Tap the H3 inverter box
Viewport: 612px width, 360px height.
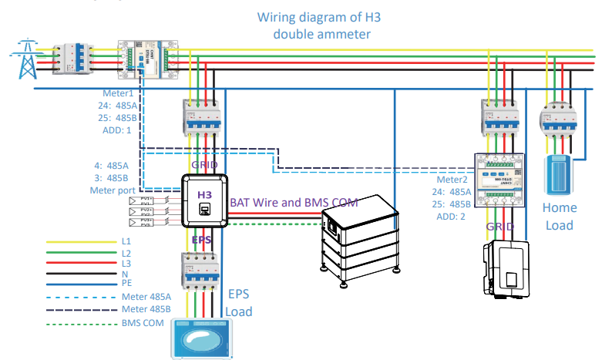coord(204,201)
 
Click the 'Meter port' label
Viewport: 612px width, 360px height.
coord(111,189)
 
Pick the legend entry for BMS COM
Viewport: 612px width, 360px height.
coord(142,324)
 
